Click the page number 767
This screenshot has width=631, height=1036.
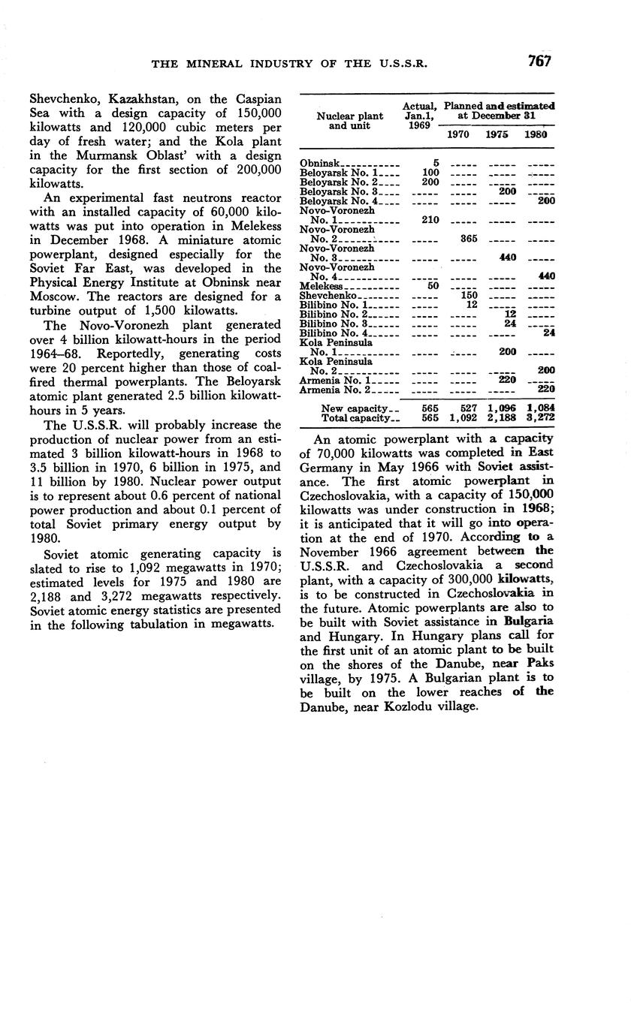[539, 62]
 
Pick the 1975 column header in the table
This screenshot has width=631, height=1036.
[497, 134]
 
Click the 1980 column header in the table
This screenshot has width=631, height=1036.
[536, 134]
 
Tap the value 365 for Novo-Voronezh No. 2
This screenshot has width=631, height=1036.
[466, 239]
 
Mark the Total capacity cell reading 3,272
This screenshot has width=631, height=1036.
[540, 417]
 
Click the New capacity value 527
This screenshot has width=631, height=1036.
[467, 408]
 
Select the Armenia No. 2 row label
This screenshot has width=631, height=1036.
[336, 390]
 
